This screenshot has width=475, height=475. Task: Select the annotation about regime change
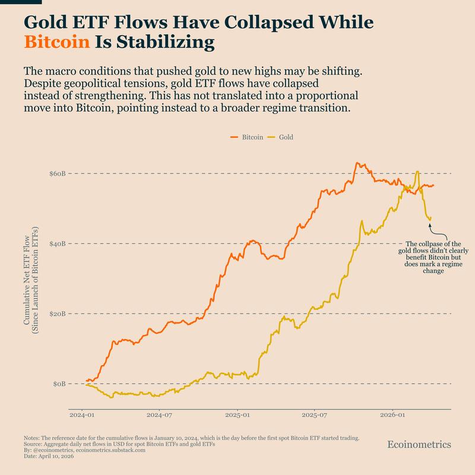432,257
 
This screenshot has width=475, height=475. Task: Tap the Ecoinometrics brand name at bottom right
419,444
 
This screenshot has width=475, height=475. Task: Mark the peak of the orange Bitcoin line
357,163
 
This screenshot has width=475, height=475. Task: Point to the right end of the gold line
430,217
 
